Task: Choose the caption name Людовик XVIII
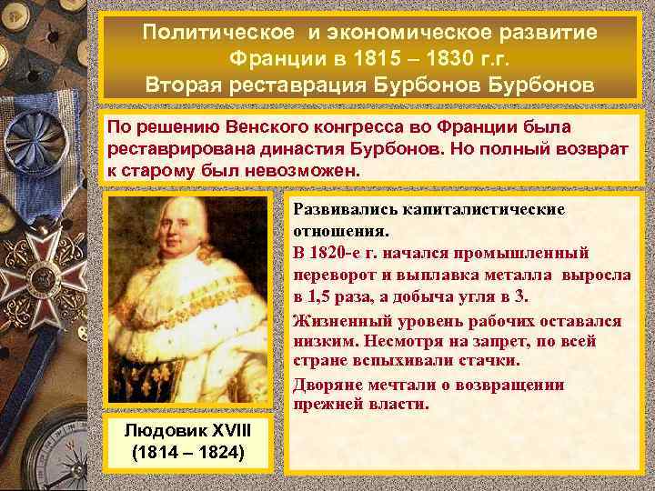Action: pyautogui.click(x=187, y=429)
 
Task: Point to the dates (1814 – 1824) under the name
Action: pyautogui.click(x=187, y=450)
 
